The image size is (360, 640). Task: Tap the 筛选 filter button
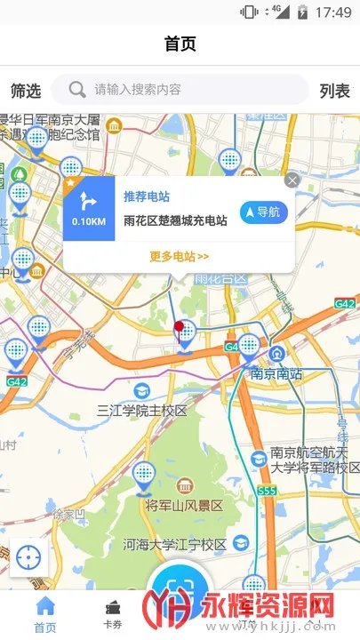26,90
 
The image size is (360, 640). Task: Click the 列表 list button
335,90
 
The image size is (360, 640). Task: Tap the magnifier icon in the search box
78,89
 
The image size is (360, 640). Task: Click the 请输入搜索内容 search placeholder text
138,90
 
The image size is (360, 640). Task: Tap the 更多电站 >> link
179,257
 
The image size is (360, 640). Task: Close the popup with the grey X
292,180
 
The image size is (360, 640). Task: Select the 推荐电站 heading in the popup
147,196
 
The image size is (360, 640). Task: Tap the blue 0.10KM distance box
89,211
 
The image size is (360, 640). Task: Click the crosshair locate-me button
28,557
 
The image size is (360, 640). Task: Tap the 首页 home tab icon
44,607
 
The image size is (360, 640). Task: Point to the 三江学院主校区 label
142,411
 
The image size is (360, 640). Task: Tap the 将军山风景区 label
184,505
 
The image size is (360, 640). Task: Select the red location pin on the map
180,330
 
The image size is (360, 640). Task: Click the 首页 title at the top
180,43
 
